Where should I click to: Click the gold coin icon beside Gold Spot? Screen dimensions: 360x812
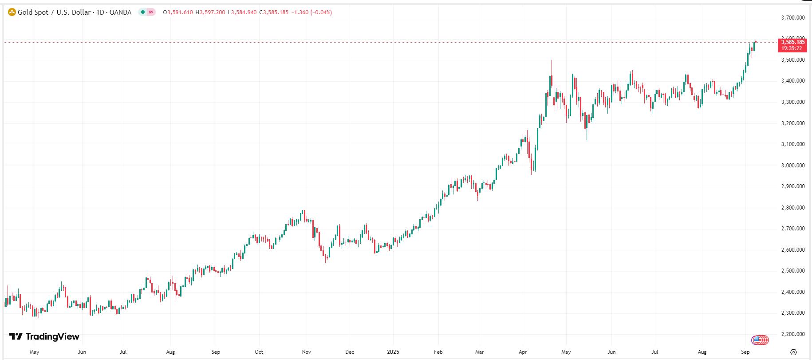[x=12, y=12]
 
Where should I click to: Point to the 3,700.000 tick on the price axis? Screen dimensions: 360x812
[x=792, y=18]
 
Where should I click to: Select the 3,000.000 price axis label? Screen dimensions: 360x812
[x=792, y=166]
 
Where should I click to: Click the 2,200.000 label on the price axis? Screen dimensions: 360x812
[x=792, y=334]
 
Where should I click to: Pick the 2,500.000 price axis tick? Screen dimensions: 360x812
[x=792, y=271]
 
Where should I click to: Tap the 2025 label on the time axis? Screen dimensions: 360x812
[x=393, y=352]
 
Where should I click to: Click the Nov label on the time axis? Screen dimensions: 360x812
[x=306, y=352]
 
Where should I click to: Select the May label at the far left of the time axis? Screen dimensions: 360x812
[x=34, y=352]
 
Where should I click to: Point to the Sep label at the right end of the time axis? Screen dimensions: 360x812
[x=745, y=352]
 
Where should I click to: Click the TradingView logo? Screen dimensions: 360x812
[x=44, y=337]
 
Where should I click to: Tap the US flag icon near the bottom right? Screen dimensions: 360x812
[x=760, y=340]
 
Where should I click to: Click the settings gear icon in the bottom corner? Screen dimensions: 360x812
[x=794, y=352]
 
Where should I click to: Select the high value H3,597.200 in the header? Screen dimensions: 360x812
[x=210, y=12]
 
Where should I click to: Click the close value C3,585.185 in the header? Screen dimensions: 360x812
[x=276, y=12]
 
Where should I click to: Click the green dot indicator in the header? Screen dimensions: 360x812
[x=142, y=12]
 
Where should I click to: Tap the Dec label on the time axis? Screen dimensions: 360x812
[x=350, y=352]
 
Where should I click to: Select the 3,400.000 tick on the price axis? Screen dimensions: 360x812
[x=792, y=81]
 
